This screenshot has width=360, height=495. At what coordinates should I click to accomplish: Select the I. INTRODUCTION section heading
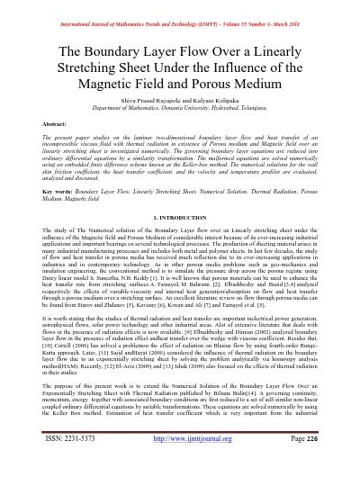[180, 218]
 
